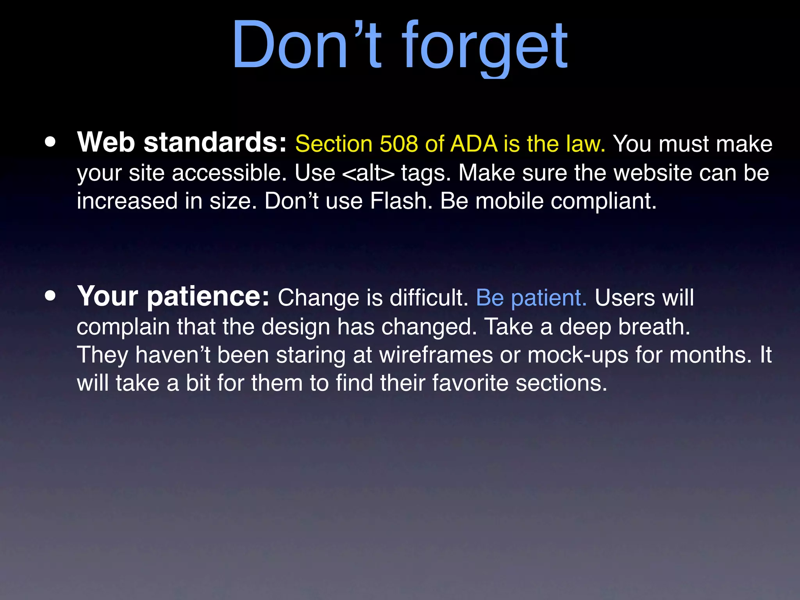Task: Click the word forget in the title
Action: point(484,47)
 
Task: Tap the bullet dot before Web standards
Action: point(50,142)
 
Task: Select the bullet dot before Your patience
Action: point(50,296)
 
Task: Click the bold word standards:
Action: point(215,142)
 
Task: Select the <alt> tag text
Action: point(368,173)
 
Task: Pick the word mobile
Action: point(509,201)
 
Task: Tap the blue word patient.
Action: point(548,298)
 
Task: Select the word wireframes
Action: point(436,355)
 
